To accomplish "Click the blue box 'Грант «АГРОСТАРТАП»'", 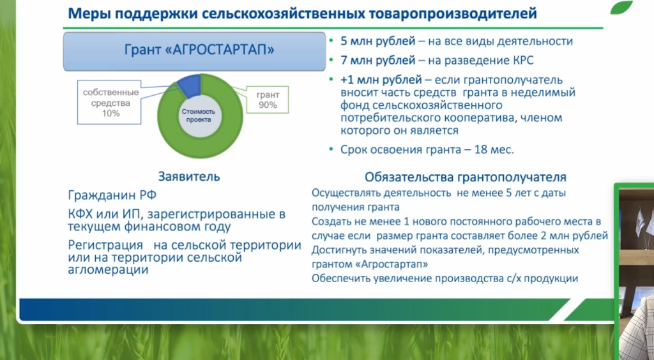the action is (x=194, y=51).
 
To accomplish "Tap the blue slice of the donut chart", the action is (x=190, y=85).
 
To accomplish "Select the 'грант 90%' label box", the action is (x=268, y=100).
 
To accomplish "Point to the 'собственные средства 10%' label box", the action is (x=109, y=103).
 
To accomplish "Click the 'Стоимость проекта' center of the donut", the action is (x=199, y=116).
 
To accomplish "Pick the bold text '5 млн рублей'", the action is (x=378, y=41).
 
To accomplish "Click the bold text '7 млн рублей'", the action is (x=378, y=61).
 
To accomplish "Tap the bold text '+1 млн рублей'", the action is (x=381, y=80).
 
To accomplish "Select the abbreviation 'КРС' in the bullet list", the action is (x=522, y=61).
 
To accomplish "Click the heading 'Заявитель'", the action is (x=189, y=177).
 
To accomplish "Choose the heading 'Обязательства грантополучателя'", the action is (x=466, y=177).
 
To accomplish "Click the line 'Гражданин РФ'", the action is (x=112, y=195).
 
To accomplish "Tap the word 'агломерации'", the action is (x=108, y=270).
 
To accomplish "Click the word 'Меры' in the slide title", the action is (x=89, y=13).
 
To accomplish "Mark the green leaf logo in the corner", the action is (x=621, y=7).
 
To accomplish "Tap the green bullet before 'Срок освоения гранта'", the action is (x=331, y=149).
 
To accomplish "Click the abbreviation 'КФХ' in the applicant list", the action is (x=80, y=214).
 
